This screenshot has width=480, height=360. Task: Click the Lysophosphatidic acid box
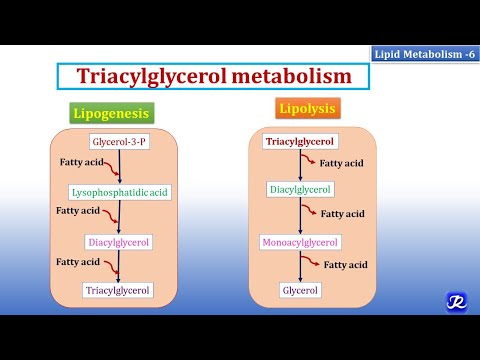click(x=120, y=191)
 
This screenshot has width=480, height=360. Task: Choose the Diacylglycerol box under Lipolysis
click(x=300, y=188)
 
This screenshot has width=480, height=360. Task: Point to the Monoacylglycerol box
click(x=300, y=242)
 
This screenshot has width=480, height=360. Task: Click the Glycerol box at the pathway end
click(x=300, y=290)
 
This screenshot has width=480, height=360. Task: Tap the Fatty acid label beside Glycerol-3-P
click(x=77, y=161)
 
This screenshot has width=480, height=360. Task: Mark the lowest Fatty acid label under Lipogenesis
click(x=77, y=261)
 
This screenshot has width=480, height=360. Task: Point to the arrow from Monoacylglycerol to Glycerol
click(x=300, y=266)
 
